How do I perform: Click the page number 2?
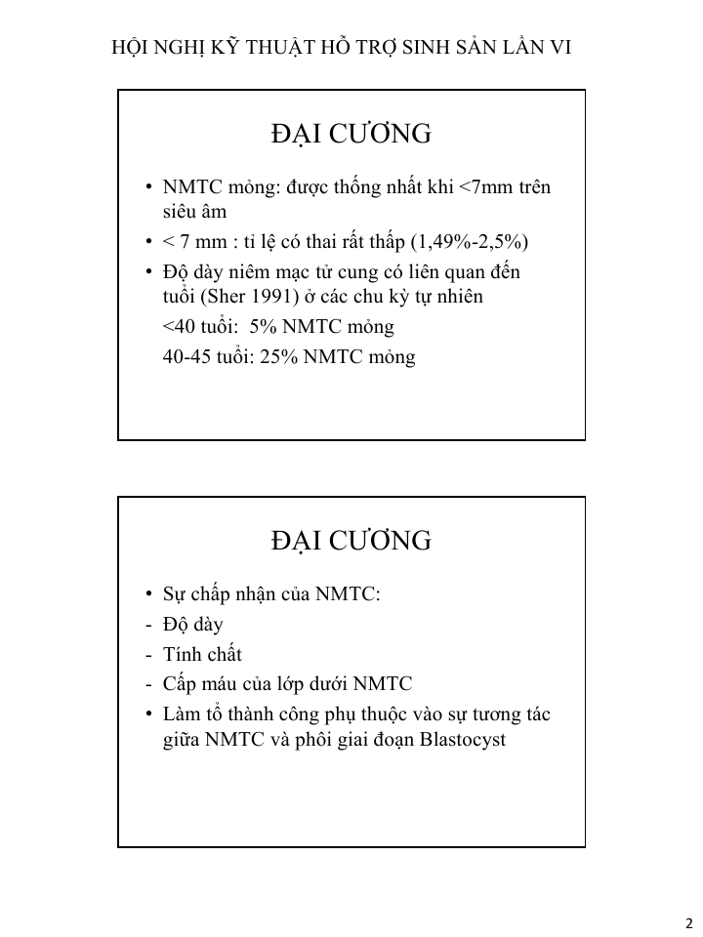(x=688, y=923)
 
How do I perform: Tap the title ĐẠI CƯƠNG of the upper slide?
(x=351, y=134)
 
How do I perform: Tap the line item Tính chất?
(x=202, y=654)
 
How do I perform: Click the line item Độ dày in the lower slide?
(x=193, y=625)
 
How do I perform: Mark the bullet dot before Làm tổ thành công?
(x=147, y=714)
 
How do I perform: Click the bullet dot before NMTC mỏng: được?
(x=147, y=187)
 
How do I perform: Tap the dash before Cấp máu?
(x=147, y=683)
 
